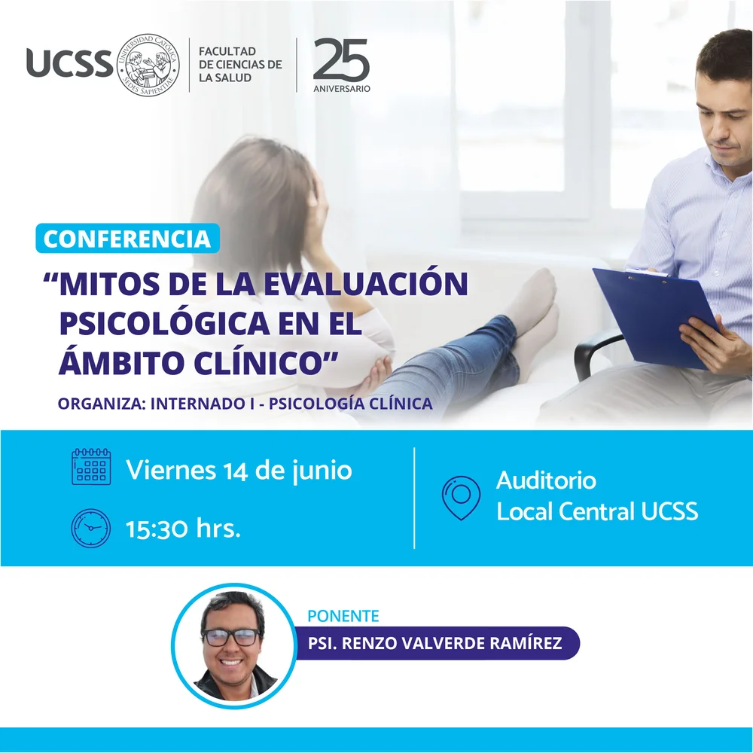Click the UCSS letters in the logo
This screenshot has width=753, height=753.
69,63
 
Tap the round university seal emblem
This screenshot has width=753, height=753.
148,65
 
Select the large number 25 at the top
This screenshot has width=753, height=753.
341,59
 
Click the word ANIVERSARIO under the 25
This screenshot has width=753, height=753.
342,89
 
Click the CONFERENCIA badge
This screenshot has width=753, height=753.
127,238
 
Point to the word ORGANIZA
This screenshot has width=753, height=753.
102,404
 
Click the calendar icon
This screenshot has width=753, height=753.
91,467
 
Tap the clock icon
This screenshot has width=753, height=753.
91,528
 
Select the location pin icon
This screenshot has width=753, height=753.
461,498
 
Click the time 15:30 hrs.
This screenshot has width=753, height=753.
183,529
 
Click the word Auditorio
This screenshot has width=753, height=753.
547,480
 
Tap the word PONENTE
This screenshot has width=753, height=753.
343,616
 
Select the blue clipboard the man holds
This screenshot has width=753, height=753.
657,318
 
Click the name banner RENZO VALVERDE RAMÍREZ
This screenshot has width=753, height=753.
436,643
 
